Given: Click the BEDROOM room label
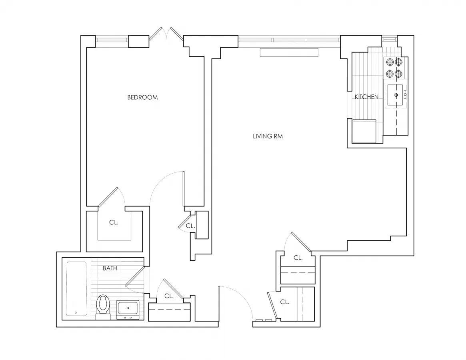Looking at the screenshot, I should pos(142,97).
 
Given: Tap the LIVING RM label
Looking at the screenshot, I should pos(268,136).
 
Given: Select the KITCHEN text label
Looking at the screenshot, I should pos(366,97).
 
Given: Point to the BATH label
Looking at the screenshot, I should pos(110,268).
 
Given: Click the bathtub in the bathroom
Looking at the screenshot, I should pos(76,289).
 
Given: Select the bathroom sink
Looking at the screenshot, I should pos(128,309).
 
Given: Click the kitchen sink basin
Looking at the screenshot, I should pos(396,95).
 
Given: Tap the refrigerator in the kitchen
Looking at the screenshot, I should pos(364,131).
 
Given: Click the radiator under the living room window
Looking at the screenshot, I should pos(289,53).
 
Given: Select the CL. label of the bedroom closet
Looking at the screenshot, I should pos(114,223).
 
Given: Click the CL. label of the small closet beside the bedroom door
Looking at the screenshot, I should pos(190,226).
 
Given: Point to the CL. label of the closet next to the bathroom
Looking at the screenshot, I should pos(169,296).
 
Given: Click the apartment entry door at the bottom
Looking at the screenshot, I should pos(219,304).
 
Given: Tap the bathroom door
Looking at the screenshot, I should pos(135,277).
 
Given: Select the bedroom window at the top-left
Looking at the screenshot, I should pos(112,40).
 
